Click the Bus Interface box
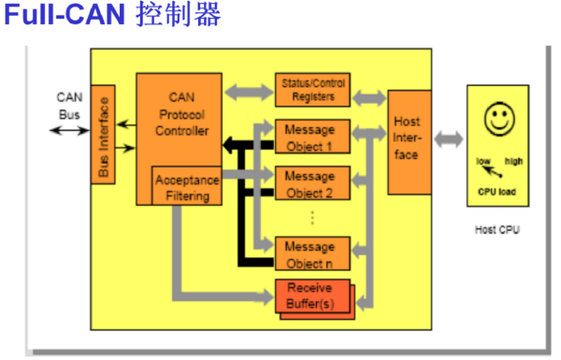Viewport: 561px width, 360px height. pyautogui.click(x=103, y=135)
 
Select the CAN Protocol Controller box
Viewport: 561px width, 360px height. pyautogui.click(x=180, y=112)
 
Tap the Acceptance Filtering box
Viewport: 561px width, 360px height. pyautogui.click(x=187, y=185)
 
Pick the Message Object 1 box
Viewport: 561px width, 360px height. pyautogui.click(x=311, y=136)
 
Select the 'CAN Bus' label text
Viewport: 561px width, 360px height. pyautogui.click(x=70, y=105)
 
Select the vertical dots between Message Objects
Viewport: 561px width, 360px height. pyautogui.click(x=312, y=217)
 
